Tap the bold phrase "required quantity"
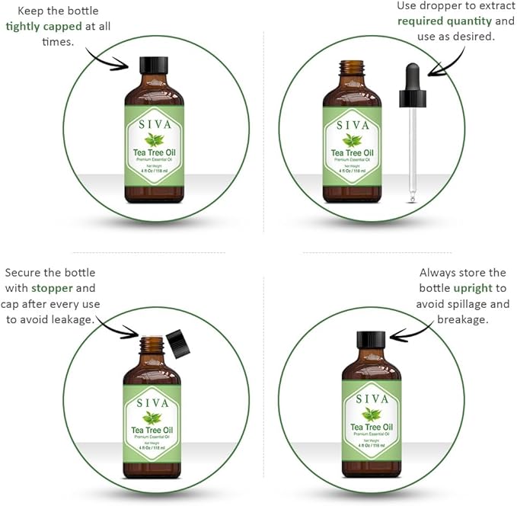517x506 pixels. [445, 21]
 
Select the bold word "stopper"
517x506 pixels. [53, 288]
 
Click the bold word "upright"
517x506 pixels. [474, 288]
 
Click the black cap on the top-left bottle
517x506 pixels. [153, 65]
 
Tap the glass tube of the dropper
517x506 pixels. [413, 152]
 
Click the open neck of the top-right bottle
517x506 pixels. [352, 69]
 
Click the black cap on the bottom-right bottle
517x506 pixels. [372, 340]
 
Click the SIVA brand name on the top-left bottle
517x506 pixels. [153, 124]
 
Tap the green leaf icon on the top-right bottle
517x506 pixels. [352, 139]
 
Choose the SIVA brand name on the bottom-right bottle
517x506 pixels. [372, 399]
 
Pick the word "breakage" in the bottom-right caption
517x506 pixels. [461, 319]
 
